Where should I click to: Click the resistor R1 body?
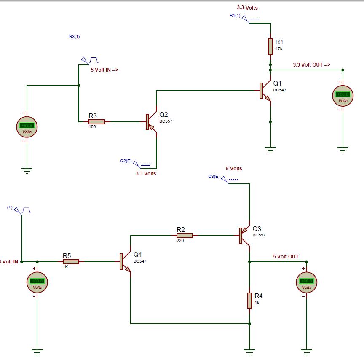coord(270,46)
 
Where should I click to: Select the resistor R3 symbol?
coord(96,122)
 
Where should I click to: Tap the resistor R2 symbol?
coord(185,236)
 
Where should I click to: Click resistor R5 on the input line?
coord(71,262)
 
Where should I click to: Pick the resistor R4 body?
coord(249,301)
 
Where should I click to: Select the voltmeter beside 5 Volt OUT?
coord(307,282)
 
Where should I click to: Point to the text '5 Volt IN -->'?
coord(104,70)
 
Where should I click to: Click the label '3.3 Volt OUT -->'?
coord(312,65)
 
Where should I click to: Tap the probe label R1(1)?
coord(235,16)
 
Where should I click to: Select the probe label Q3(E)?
coord(214,176)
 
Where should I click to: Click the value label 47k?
coord(279,49)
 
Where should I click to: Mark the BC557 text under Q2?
coord(166,121)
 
